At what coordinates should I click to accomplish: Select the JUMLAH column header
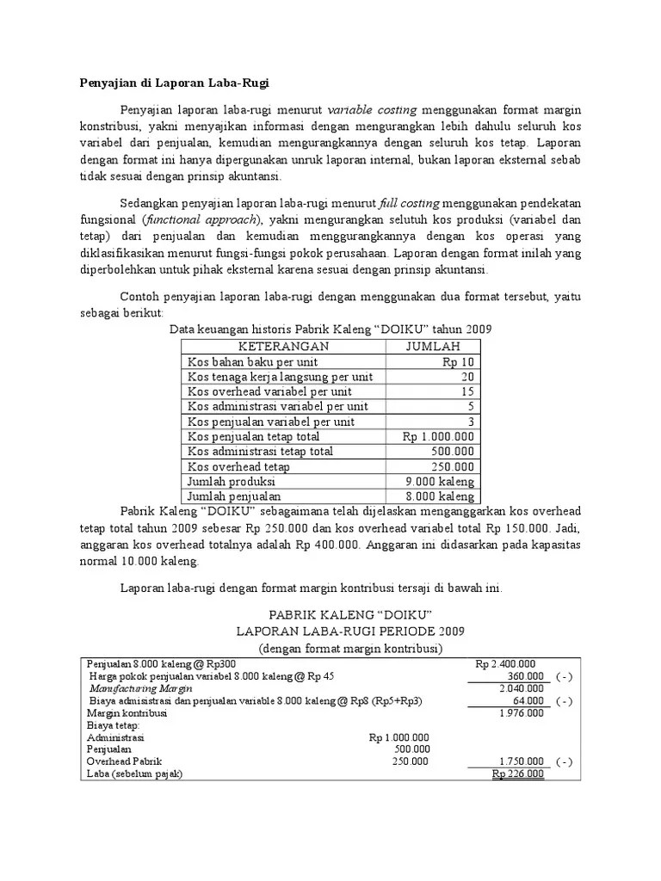(430, 347)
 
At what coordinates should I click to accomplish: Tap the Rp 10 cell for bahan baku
(456, 362)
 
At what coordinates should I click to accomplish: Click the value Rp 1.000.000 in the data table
(438, 436)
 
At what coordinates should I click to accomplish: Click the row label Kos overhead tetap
(238, 466)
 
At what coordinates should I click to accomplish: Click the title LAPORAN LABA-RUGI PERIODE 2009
(337, 631)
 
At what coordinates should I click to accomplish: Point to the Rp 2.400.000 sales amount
(505, 663)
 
